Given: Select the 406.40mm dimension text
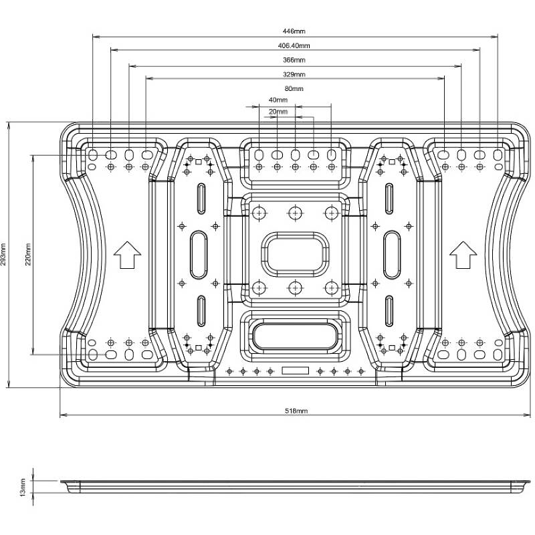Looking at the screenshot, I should [294, 45].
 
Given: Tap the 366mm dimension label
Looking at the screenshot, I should [294, 60].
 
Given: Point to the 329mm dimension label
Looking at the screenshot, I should [294, 74].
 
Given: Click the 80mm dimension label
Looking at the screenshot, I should [294, 88].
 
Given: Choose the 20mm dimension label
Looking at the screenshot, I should [278, 112].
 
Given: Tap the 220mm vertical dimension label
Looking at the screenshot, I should [28, 254].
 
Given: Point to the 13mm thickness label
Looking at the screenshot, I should [23, 487].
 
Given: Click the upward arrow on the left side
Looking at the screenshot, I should [127, 255].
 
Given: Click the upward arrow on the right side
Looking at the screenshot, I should [463, 255].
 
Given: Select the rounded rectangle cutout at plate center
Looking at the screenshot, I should [294, 251].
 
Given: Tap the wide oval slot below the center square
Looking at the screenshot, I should [294, 333].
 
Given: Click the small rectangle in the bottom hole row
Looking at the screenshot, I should [294, 370].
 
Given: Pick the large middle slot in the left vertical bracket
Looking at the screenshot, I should [199, 255].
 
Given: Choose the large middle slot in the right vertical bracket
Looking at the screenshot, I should [391, 255].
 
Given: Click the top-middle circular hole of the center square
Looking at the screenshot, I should [294, 213].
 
